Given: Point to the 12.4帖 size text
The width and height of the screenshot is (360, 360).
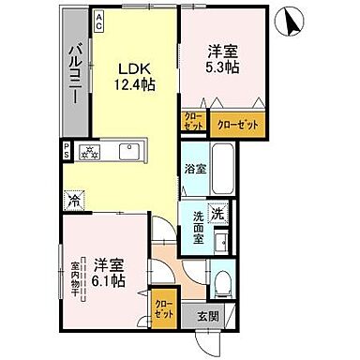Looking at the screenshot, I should coord(135,85).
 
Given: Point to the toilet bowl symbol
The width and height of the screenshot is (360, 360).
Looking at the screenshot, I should coord(221,283).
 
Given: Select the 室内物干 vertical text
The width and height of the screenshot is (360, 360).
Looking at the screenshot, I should coord(74,279).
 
